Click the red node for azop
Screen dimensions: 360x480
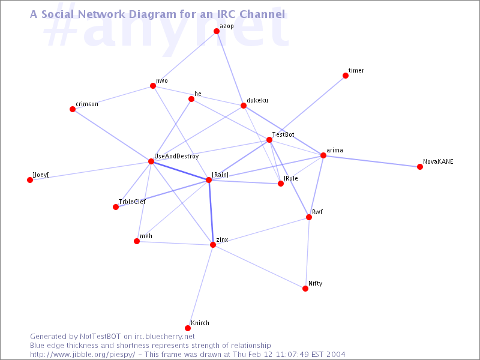[x=217, y=31]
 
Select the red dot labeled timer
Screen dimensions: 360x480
[x=346, y=76]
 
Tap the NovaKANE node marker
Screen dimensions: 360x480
[x=420, y=167]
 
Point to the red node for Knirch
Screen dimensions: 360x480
[x=188, y=328]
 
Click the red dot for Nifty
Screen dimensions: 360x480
[x=305, y=289]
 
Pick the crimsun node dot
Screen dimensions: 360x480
[x=73, y=109]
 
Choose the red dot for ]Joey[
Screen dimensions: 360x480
[x=30, y=180]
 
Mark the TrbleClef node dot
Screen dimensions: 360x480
[x=116, y=207]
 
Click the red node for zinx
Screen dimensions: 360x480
[x=213, y=245]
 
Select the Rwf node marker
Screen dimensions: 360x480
[x=309, y=217]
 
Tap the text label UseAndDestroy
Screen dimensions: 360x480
[x=176, y=156]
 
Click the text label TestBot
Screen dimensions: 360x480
[x=283, y=134]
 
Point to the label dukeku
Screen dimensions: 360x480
[x=257, y=100]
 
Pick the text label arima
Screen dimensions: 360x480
[x=334, y=150]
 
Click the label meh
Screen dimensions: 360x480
[x=146, y=236]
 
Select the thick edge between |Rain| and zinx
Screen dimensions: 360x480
[x=211, y=212]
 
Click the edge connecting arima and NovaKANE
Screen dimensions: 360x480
[x=371, y=161]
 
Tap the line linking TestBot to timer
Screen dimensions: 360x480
[x=307, y=108]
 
